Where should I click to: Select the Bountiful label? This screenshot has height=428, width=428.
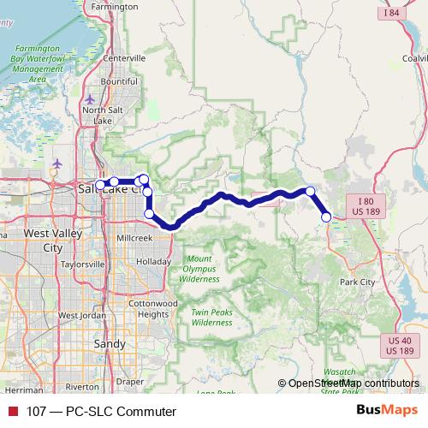(x=119, y=81)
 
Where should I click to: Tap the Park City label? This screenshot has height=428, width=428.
(x=357, y=282)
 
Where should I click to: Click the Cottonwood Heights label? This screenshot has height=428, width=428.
(x=152, y=309)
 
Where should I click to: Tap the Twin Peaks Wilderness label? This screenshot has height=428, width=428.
(x=211, y=318)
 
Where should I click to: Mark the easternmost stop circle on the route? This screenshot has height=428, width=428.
(x=326, y=217)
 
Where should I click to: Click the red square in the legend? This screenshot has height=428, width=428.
(x=13, y=411)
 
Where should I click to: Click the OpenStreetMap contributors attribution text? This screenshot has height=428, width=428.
(x=354, y=383)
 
